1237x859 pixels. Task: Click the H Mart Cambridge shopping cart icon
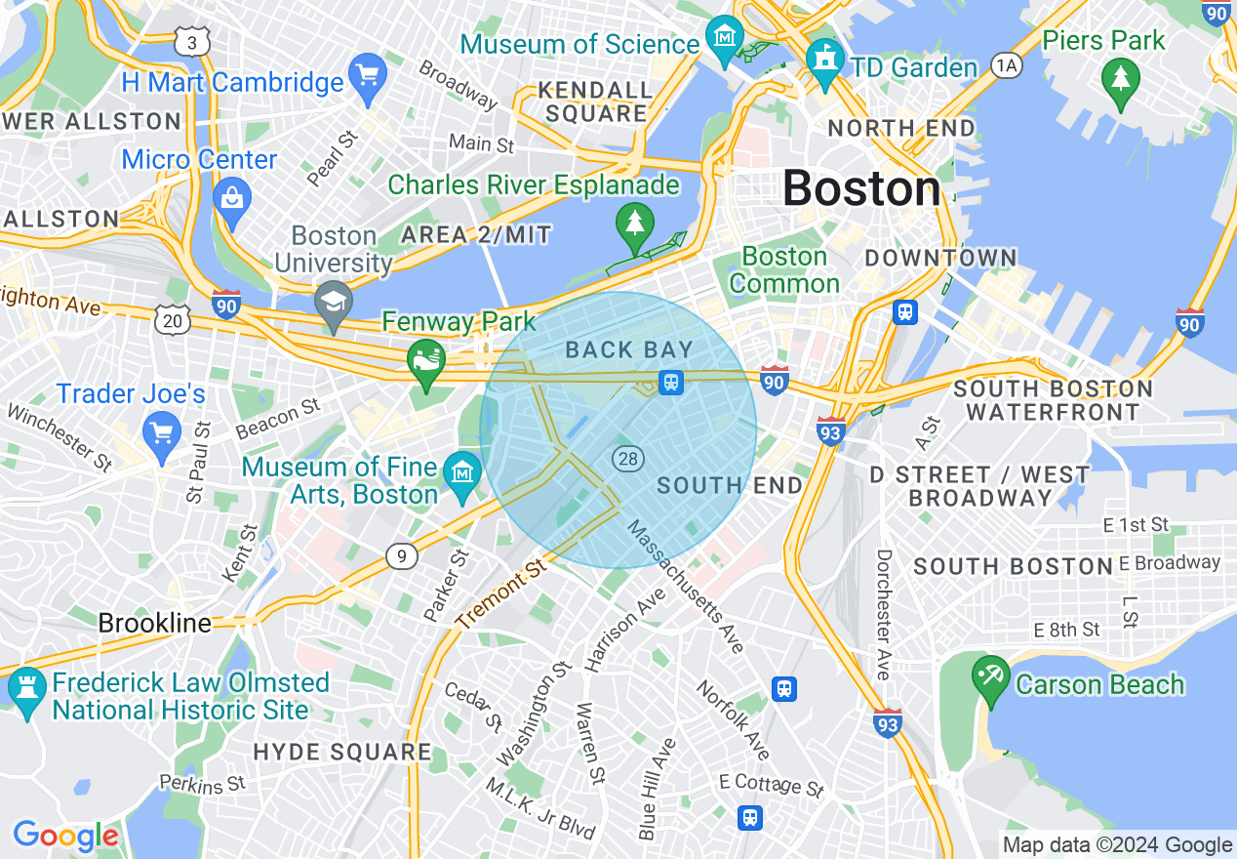click(368, 78)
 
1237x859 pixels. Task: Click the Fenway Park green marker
click(426, 361)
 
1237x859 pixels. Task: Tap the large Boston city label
click(861, 188)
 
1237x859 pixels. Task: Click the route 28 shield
click(626, 457)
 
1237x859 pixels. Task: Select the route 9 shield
click(401, 556)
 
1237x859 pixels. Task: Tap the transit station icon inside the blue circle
click(670, 383)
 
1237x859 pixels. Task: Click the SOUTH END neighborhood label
click(730, 485)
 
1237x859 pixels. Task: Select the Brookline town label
click(154, 623)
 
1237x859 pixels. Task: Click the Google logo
click(65, 837)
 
